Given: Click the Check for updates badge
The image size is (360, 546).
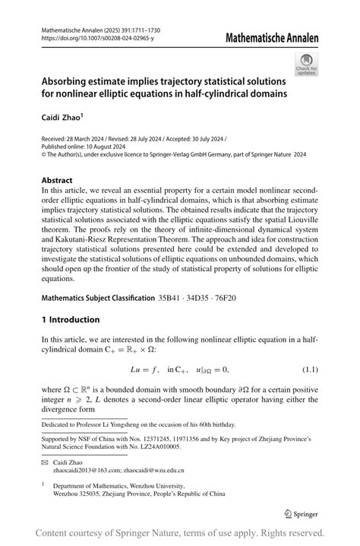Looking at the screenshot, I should pos(308,65).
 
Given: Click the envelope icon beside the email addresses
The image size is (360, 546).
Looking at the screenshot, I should pos(46,462).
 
